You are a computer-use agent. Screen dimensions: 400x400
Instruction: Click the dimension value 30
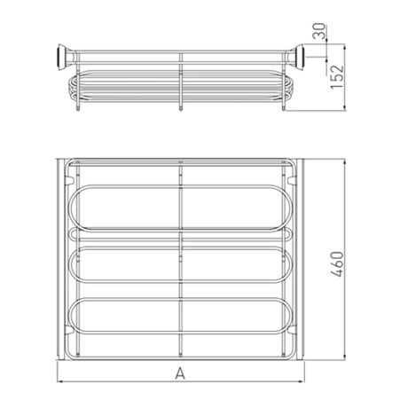pyautogui.click(x=319, y=31)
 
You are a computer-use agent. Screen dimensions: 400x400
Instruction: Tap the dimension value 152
pyautogui.click(x=337, y=77)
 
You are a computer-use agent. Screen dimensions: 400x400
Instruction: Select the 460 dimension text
pyautogui.click(x=337, y=264)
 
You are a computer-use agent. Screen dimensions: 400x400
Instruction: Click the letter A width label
pyautogui.click(x=180, y=373)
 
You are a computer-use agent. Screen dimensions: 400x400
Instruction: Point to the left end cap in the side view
pyautogui.click(x=61, y=58)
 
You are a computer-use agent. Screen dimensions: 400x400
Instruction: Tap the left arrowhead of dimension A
pyautogui.click(x=59, y=381)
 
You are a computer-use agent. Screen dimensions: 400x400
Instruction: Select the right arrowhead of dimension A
pyautogui.click(x=302, y=381)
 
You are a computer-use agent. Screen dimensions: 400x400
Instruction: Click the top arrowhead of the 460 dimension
pyautogui.click(x=344, y=161)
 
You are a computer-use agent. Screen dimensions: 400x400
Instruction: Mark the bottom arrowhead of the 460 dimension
pyautogui.click(x=344, y=357)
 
